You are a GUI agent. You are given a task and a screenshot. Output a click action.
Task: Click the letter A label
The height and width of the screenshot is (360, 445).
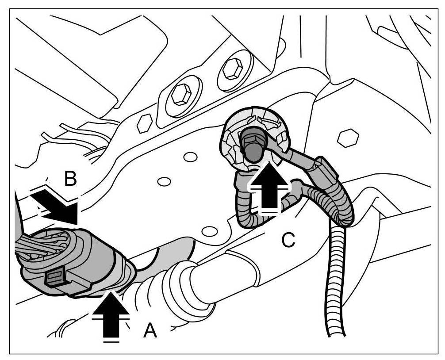click(150, 330)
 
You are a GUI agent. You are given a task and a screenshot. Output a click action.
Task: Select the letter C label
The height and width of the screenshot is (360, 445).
click(288, 240)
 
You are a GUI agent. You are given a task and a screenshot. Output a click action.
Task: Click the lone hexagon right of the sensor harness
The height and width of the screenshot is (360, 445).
click(347, 138)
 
